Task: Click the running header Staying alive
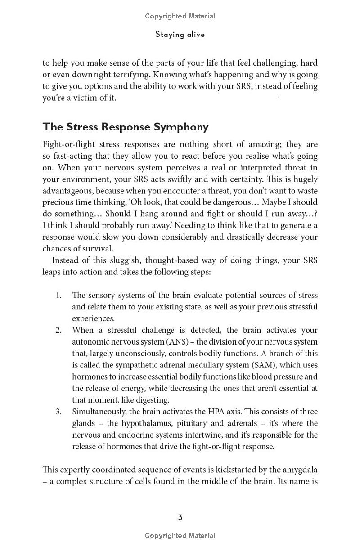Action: coord(180,35)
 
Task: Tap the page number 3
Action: coord(180,517)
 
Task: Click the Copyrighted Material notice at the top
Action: coord(180,16)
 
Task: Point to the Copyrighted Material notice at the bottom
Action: coord(180,536)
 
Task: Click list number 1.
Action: coord(58,296)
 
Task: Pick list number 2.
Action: coord(58,331)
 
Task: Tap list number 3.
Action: coord(58,412)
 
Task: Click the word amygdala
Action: coord(300,470)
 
